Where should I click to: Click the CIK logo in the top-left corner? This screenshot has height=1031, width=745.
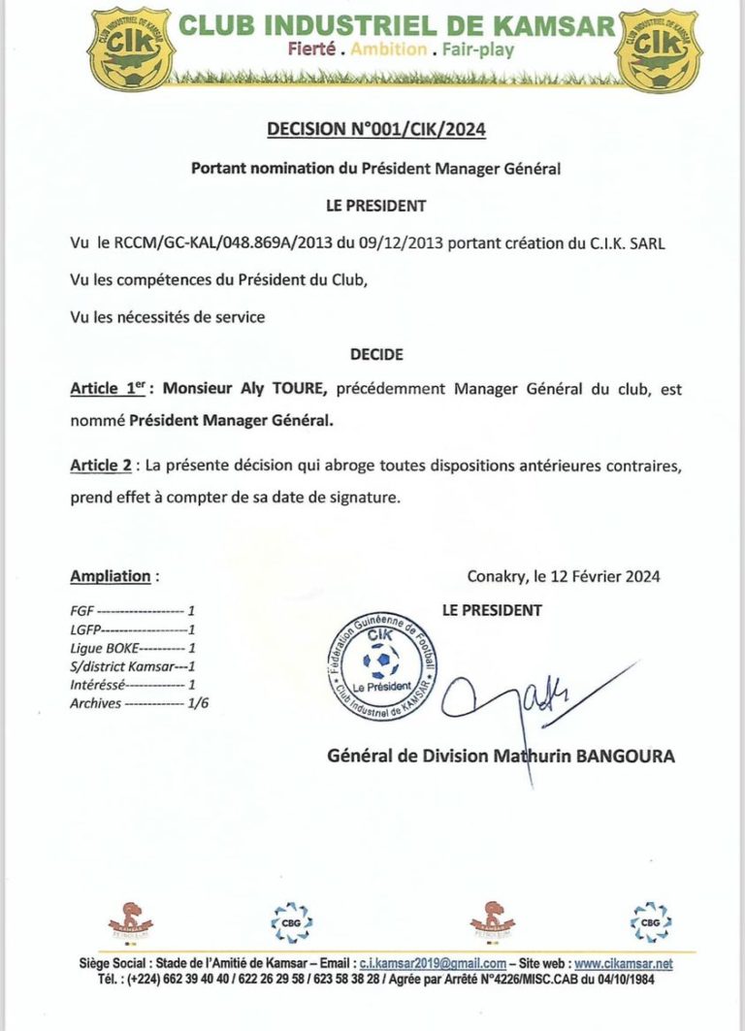click(x=127, y=48)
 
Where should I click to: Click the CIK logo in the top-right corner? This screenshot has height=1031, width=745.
click(x=659, y=48)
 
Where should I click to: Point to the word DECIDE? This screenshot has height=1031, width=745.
click(x=375, y=355)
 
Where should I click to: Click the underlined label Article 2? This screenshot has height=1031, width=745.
click(x=101, y=465)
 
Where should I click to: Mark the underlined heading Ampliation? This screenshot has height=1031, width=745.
click(x=111, y=576)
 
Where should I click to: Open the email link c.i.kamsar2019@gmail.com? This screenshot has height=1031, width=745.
click(x=433, y=964)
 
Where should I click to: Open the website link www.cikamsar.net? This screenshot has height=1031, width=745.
click(x=623, y=964)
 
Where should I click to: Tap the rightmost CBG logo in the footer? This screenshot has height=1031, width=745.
click(x=650, y=920)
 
